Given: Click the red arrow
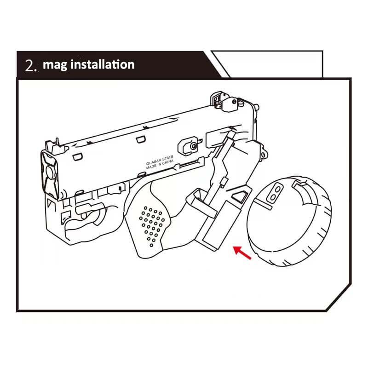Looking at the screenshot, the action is tap(242, 253).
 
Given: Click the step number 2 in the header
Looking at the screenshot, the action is tap(29, 65).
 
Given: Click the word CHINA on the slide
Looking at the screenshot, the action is tap(167, 162).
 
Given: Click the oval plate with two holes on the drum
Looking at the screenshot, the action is tap(275, 192).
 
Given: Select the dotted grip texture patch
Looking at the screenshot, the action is tap(152, 226).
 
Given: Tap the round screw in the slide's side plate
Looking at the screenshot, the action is tap(194, 146).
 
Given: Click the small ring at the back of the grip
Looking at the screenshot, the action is tap(263, 155).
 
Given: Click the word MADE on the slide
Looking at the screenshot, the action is tap(150, 167).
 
